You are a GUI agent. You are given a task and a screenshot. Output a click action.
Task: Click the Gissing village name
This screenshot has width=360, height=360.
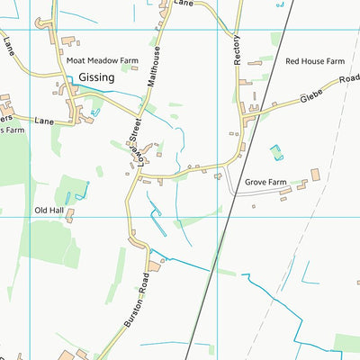tap(97, 78)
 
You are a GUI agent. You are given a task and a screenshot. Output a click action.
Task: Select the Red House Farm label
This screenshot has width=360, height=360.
tap(315, 61)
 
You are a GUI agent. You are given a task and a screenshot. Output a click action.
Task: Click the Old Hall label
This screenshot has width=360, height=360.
tap(49, 210)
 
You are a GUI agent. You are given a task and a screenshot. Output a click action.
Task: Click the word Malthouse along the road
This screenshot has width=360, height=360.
tap(156, 65)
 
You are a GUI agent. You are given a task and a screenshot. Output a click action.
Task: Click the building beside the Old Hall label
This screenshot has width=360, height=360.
tap(68, 215)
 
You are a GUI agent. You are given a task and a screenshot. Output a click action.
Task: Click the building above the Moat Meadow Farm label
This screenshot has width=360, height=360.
tap(69, 40)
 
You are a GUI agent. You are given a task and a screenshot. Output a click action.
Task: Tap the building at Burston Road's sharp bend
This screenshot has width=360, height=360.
tap(153, 265)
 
